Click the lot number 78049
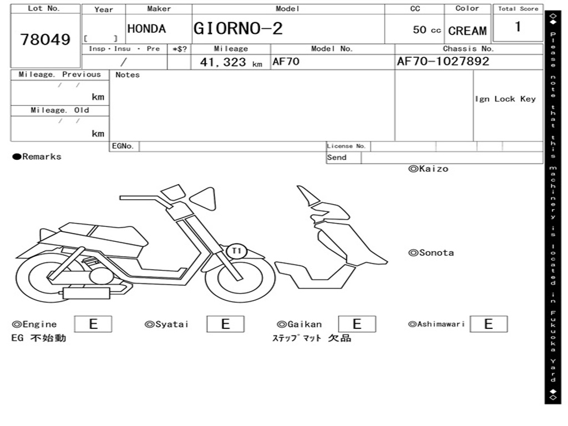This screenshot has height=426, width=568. click(x=45, y=39)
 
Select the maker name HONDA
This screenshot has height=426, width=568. click(x=146, y=29)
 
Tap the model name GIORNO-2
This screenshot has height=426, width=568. click(x=237, y=29)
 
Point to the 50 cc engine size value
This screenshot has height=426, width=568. click(x=427, y=30)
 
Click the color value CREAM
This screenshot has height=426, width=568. click(x=467, y=31)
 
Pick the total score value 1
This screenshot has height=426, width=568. click(x=518, y=27)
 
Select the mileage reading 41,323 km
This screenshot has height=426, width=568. click(x=231, y=62)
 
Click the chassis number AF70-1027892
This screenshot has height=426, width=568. click(x=443, y=61)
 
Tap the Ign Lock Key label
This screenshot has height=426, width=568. click(x=505, y=99)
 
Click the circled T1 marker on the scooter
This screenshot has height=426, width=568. click(x=236, y=251)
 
